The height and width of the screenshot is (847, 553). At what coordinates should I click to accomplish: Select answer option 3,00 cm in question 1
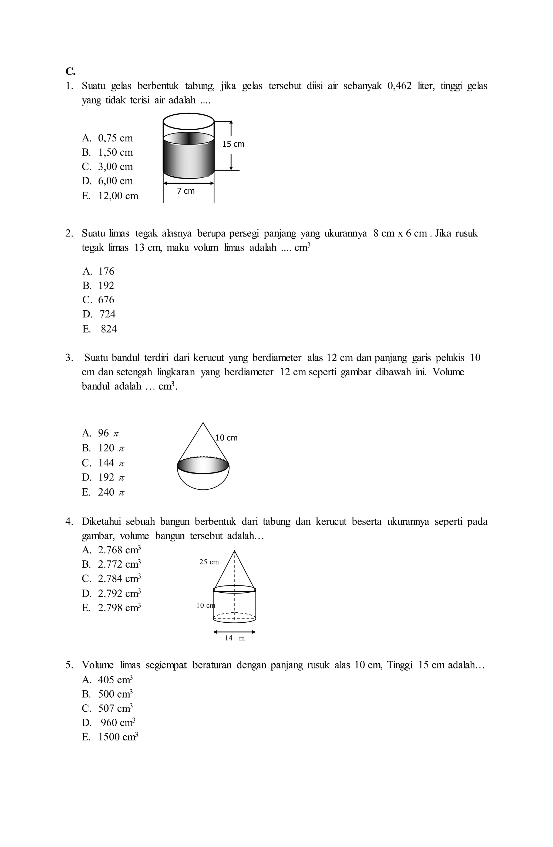[115, 167]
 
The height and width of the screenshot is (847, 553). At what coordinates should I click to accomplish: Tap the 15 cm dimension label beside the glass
[233, 144]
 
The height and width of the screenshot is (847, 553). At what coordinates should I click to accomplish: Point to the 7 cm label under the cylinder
[186, 191]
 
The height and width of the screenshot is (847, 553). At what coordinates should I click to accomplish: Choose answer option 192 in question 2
[106, 285]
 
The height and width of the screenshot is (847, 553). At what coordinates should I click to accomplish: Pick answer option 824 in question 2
[109, 329]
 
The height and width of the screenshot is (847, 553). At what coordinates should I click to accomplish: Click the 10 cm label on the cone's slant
[227, 438]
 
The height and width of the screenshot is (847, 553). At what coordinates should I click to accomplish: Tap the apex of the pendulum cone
[203, 423]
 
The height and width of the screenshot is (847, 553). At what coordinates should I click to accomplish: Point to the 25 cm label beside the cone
[209, 562]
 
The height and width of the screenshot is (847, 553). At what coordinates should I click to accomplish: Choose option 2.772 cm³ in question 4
[119, 564]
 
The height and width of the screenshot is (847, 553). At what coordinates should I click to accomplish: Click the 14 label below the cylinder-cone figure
[229, 638]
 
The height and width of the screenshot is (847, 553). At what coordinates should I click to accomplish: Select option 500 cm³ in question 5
[115, 694]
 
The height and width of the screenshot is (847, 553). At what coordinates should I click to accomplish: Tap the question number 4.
[69, 522]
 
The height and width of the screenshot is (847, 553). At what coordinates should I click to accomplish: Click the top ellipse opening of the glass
[188, 121]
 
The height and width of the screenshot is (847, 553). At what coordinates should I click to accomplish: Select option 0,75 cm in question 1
[115, 138]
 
